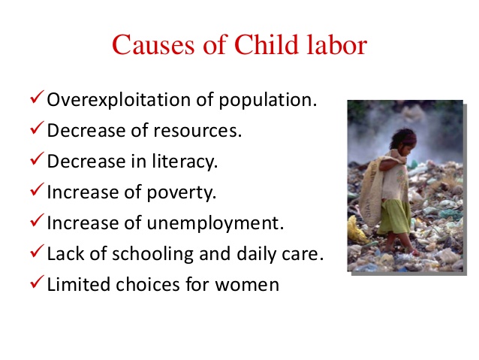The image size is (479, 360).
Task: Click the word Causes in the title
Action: click(x=153, y=44)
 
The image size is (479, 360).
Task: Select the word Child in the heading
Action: click(x=267, y=44)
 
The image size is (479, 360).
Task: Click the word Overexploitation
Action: click(x=119, y=100)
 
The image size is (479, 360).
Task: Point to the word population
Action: click(x=268, y=100)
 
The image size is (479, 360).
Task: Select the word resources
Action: click(x=197, y=131)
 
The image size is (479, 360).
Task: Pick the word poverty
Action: click(x=182, y=192)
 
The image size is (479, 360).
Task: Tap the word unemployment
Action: click(x=215, y=223)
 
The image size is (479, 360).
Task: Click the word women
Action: click(x=247, y=285)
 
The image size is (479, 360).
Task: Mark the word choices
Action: click(x=148, y=284)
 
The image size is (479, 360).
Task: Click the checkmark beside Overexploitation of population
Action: click(x=38, y=97)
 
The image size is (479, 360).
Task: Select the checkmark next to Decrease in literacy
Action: click(x=38, y=159)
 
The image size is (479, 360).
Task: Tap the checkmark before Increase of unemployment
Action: click(x=38, y=220)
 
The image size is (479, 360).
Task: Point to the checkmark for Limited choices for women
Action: click(x=38, y=282)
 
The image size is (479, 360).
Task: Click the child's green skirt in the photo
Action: click(x=394, y=216)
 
